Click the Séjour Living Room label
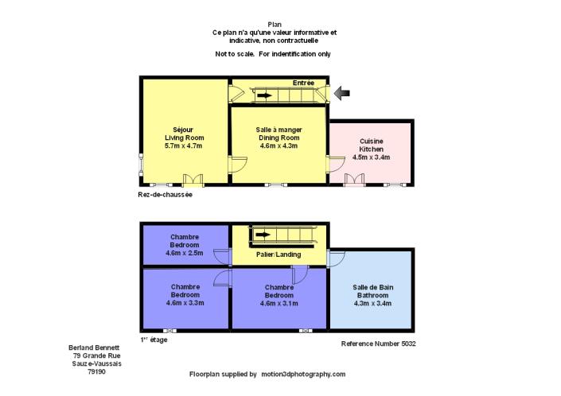183,137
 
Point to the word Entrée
303,83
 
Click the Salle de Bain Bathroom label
372,295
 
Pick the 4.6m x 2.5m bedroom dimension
185,253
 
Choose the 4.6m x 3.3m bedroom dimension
185,302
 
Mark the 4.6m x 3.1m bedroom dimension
279,302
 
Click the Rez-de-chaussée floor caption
165,194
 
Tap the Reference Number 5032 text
379,344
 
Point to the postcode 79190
96,371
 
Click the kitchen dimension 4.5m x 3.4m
371,157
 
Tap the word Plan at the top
274,25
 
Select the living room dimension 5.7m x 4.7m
183,146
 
